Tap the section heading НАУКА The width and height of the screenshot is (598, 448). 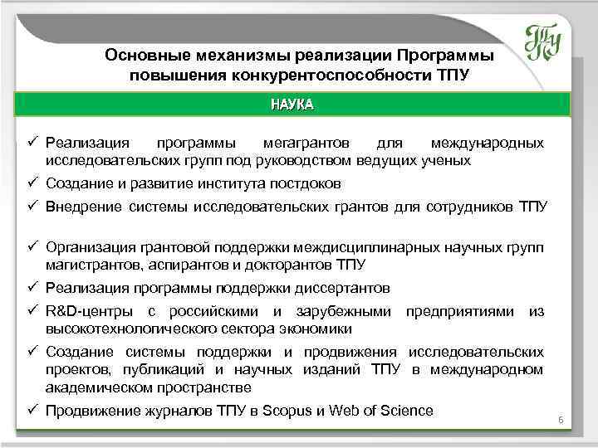pos(292,105)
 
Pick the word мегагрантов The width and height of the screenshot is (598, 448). pos(295,144)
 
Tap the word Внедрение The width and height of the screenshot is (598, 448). pos(84,206)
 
